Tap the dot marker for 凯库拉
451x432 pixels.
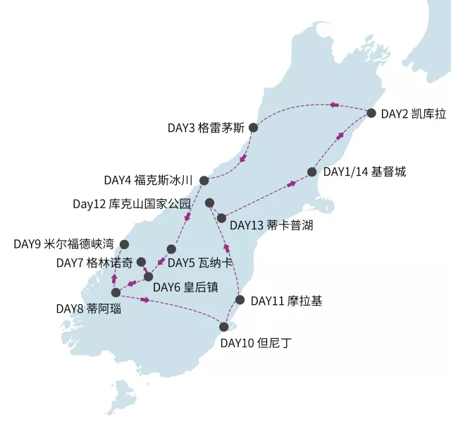[371, 113]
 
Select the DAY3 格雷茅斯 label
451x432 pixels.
[206, 128]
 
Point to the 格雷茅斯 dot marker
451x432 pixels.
[253, 128]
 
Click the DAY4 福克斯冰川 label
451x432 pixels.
[148, 180]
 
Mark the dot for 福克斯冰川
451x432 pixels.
[204, 181]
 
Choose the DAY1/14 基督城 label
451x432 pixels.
[364, 172]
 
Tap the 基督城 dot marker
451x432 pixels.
[312, 172]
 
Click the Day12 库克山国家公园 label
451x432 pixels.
[132, 204]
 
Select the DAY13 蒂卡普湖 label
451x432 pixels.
[271, 226]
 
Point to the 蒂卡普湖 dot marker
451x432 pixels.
[222, 218]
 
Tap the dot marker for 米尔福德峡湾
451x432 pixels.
[125, 244]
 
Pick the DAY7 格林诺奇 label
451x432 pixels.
[94, 263]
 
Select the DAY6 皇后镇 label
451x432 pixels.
[187, 287]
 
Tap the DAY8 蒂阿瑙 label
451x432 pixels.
[89, 308]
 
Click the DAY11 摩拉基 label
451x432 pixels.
[285, 301]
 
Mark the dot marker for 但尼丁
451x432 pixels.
[224, 327]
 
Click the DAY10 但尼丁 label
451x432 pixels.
[255, 344]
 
